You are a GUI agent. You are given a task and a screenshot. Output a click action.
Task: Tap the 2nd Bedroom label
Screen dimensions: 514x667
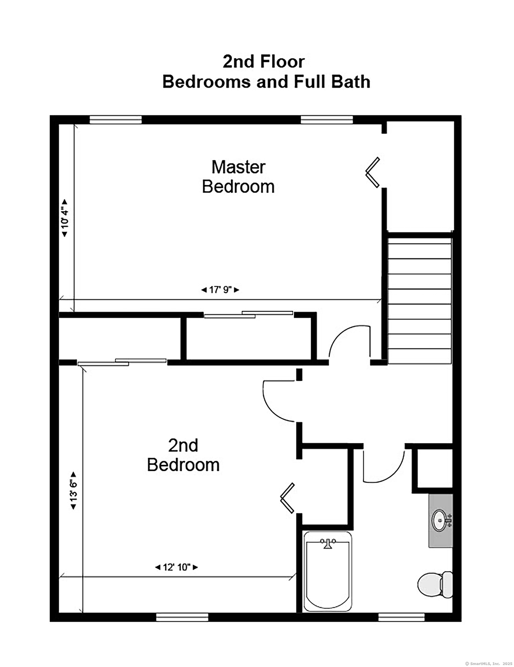[x=183, y=455]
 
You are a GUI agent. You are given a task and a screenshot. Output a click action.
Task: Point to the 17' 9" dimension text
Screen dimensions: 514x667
[x=220, y=289]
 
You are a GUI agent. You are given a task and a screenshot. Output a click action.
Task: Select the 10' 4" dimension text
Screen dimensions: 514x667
[x=65, y=218]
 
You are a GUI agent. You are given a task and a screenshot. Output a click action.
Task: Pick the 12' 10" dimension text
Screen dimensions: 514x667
[x=177, y=567]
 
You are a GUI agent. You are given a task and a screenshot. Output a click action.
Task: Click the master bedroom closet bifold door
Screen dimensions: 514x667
[x=373, y=172]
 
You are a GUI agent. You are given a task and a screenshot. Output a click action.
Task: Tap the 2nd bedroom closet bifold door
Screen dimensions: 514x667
[x=287, y=498]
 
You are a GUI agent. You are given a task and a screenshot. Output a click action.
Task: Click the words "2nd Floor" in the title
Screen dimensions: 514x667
[x=264, y=62]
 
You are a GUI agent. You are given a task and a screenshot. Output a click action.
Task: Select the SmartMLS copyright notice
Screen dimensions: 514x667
[x=489, y=664]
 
